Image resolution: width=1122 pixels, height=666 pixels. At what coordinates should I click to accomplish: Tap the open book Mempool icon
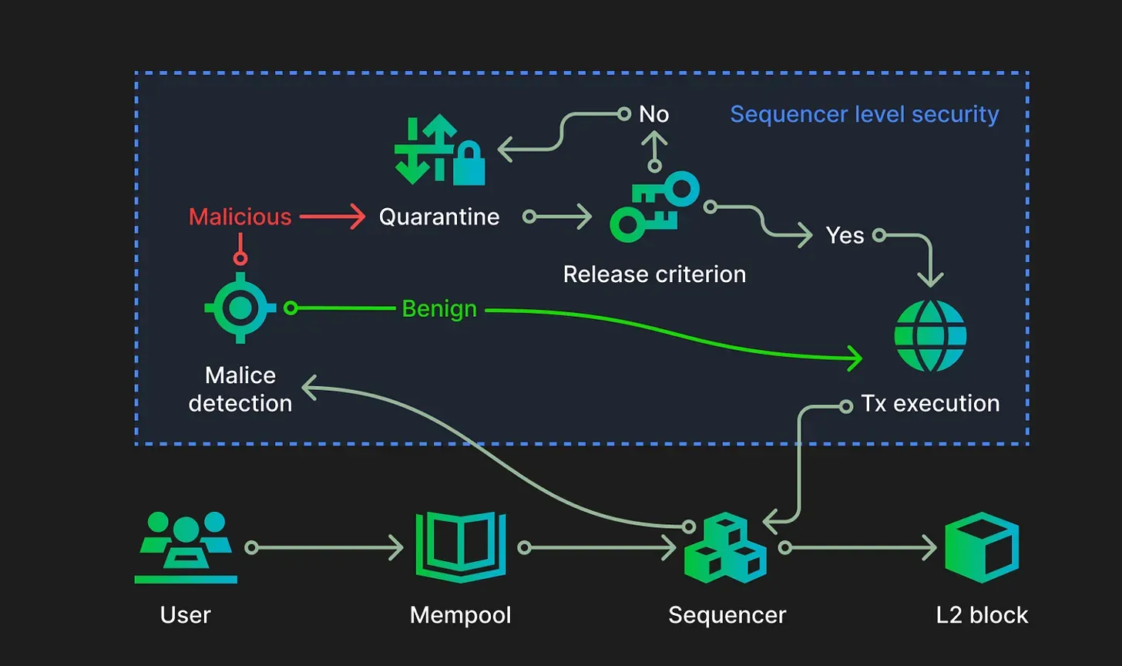[x=461, y=547]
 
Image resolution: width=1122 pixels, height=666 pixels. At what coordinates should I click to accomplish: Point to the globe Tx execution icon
[x=930, y=335]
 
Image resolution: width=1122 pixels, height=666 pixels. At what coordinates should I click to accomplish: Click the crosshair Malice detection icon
[x=240, y=308]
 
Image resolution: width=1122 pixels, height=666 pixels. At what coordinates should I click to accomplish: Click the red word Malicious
[x=240, y=217]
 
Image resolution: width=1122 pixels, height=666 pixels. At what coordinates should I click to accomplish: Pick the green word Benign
[x=439, y=309]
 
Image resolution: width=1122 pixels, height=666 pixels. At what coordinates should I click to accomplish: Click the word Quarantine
[x=439, y=217]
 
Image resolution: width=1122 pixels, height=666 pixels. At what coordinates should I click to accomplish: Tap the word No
[x=654, y=115]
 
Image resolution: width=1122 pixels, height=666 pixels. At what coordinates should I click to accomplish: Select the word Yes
[x=845, y=235]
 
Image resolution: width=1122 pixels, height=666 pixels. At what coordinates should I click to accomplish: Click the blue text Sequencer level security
[x=864, y=115]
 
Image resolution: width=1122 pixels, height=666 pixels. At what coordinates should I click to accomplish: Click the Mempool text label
[x=461, y=614]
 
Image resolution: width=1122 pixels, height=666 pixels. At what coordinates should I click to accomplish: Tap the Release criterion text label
[x=654, y=274]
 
